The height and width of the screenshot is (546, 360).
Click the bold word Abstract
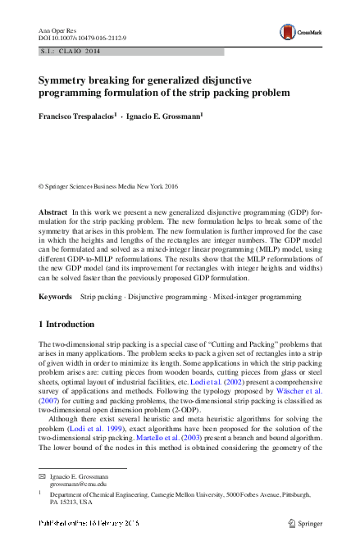pos(53,212)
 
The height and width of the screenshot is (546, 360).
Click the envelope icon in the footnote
pos(43,475)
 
